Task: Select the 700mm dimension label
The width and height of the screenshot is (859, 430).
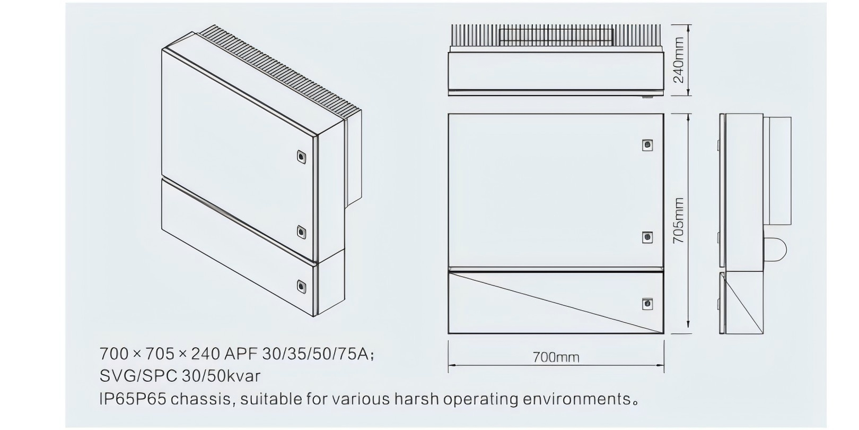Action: click(556, 357)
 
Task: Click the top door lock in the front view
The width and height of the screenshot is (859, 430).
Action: click(647, 145)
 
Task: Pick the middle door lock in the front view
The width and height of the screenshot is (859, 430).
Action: click(647, 237)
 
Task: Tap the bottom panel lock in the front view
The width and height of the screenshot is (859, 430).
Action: click(647, 304)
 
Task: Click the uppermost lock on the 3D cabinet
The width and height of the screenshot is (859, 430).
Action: click(302, 157)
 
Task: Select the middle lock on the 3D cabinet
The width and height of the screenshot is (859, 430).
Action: click(302, 232)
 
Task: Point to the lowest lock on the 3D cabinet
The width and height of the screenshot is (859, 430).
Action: click(302, 287)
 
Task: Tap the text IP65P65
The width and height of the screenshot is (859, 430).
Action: click(133, 399)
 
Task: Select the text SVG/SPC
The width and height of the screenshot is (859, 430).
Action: click(138, 376)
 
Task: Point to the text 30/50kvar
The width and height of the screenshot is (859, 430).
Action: click(221, 376)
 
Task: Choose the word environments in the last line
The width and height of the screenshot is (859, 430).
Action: click(576, 399)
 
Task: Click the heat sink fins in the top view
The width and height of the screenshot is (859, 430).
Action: click(556, 36)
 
